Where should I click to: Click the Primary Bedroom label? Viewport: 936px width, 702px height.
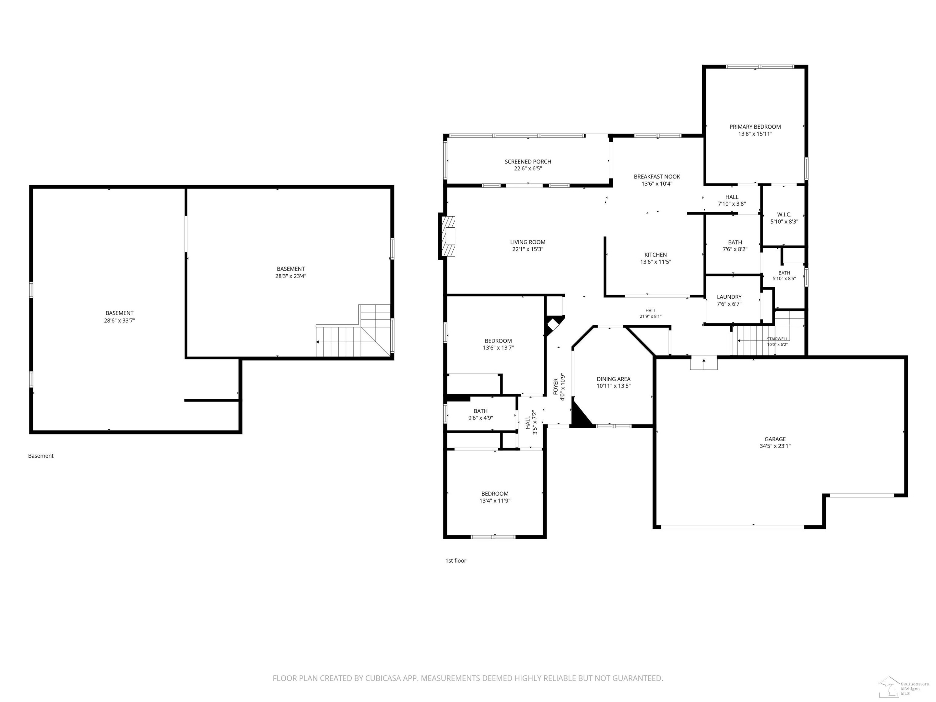[755, 127]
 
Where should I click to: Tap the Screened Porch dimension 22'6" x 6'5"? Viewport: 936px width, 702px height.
[528, 168]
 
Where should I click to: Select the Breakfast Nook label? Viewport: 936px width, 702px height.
[657, 177]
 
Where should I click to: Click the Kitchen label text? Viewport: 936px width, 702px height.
[656, 255]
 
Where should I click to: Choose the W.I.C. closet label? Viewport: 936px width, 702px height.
[784, 215]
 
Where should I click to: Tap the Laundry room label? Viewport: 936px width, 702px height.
[729, 297]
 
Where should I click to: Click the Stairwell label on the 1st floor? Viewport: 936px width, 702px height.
[777, 339]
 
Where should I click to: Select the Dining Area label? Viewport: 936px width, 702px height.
[614, 379]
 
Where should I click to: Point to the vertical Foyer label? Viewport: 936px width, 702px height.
[556, 387]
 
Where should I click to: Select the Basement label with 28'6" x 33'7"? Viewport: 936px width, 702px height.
[119, 314]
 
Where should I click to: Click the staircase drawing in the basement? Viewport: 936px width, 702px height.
[354, 331]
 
